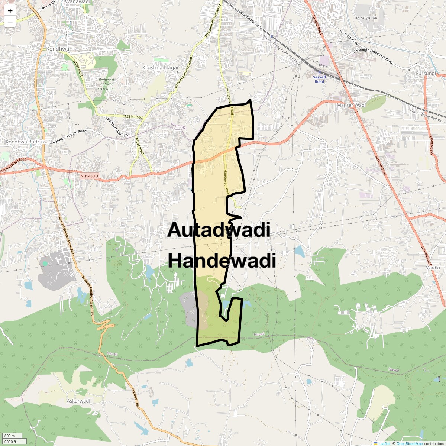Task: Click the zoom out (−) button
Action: [x=10, y=22]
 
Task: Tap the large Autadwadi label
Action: [x=219, y=230]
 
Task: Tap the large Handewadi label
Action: [x=222, y=261]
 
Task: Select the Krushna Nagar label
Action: [x=161, y=68]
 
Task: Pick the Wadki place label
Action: [x=433, y=268]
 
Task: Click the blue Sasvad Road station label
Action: [x=319, y=79]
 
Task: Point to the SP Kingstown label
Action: [x=366, y=17]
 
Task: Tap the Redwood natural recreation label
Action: [x=106, y=84]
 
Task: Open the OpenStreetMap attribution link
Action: [x=409, y=443]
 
